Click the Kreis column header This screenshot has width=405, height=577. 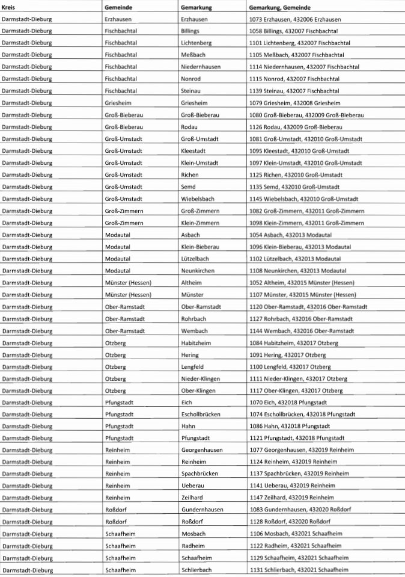pos(8,7)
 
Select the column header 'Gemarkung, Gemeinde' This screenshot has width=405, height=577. pos(279,7)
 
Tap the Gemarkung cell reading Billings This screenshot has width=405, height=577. pos(190,31)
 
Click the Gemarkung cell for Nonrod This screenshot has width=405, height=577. pos(192,79)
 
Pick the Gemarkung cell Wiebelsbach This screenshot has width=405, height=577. pos(197,199)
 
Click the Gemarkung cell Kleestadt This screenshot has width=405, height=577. pos(193,150)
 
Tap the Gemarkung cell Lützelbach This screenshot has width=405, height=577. pos(195,258)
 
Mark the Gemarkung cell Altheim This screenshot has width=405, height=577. pos(192,282)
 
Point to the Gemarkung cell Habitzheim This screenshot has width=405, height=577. pos(196,342)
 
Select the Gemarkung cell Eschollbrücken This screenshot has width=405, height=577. pos(201,414)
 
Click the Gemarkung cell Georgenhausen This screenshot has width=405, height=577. pos(201,450)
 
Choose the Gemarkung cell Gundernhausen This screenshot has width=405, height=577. pos(202,510)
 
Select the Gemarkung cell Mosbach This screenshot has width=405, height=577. pos(193,534)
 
